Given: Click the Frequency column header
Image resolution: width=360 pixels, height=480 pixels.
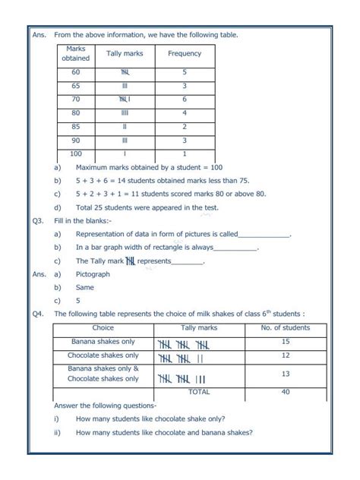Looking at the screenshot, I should click(184, 54).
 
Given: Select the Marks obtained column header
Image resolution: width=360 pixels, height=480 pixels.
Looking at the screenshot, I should click(75, 53).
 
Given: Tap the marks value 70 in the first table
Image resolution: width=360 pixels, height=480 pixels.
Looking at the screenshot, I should click(75, 99).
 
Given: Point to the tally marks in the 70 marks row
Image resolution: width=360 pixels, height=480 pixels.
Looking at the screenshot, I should click(125, 99).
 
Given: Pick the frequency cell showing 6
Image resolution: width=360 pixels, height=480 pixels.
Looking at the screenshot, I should click(184, 99).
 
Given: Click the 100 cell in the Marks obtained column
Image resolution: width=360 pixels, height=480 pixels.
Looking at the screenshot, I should click(75, 153).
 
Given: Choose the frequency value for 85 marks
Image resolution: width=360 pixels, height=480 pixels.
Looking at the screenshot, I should click(184, 127).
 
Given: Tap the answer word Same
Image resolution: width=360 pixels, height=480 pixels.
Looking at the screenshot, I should click(84, 288).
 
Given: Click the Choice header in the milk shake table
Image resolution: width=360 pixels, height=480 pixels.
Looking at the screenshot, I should click(103, 328).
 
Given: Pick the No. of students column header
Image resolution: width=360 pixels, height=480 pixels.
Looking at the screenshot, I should click(285, 328).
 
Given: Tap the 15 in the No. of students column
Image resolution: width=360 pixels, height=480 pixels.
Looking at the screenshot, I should click(285, 343).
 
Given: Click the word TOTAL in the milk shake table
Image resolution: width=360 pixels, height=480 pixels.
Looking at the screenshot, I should click(198, 392).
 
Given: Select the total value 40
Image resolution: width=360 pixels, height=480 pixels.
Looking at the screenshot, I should click(285, 392).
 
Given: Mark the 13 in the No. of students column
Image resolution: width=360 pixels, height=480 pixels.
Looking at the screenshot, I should click(285, 374).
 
